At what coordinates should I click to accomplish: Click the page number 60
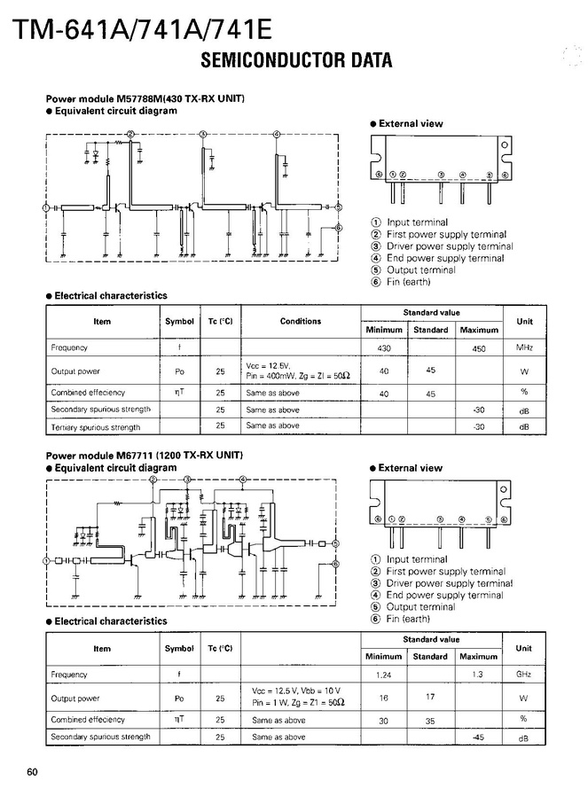point(33,771)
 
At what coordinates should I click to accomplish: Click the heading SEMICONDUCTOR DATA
point(296,61)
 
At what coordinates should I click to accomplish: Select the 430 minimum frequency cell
point(384,348)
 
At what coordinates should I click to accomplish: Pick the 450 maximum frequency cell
point(479,348)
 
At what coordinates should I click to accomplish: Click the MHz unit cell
point(524,348)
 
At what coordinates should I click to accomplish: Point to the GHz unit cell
point(523,675)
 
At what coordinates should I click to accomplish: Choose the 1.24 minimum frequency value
point(384,675)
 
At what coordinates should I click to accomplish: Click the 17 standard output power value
point(430,697)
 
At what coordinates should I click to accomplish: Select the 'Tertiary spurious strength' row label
point(95,427)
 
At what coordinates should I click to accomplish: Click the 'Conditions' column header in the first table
point(301,321)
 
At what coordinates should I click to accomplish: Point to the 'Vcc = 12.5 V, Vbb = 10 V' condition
point(296,691)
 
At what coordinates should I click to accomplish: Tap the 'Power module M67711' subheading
point(144,456)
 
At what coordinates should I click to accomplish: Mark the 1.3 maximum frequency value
point(479,675)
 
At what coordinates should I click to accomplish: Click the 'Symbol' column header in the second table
point(179,648)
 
